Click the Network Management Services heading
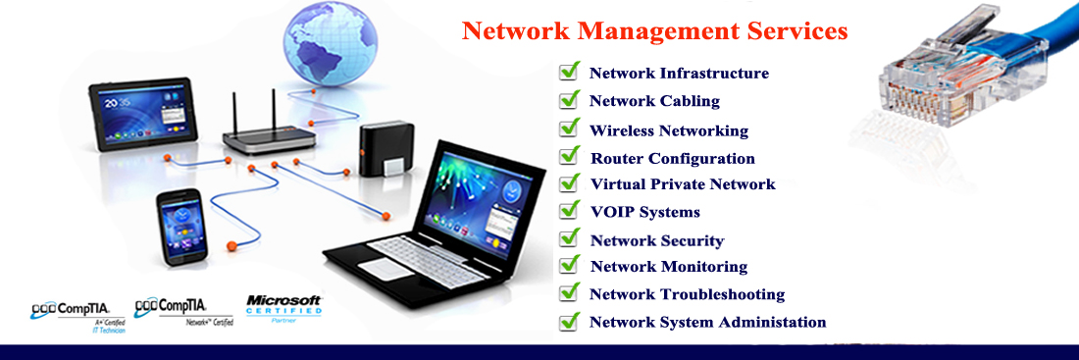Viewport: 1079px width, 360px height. (654, 30)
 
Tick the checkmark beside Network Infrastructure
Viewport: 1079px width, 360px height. (569, 71)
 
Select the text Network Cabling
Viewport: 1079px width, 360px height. (654, 101)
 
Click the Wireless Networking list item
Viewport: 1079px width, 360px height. (668, 130)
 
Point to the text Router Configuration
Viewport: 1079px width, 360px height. (672, 158)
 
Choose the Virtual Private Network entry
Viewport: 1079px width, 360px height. (682, 184)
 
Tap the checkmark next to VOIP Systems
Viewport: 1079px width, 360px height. (569, 210)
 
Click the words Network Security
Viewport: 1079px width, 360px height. (656, 240)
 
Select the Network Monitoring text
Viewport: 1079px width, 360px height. (668, 267)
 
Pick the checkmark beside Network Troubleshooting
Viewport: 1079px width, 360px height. (569, 292)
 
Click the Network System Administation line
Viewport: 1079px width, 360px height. (707, 322)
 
